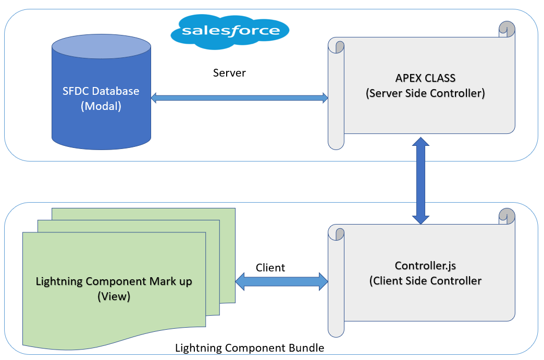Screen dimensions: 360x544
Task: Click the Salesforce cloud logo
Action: [x=229, y=31]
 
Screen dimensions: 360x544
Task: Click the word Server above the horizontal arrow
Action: [x=229, y=73]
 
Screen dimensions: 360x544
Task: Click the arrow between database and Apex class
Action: [x=239, y=97]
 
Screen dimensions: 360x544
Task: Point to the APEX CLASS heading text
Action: [x=425, y=78]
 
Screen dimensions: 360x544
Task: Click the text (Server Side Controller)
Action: [x=425, y=93]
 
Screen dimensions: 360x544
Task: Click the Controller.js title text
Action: [x=425, y=266]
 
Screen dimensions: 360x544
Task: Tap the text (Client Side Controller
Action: [x=425, y=281]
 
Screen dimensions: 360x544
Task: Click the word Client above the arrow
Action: [x=270, y=268]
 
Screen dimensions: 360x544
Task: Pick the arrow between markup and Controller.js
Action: [x=282, y=282]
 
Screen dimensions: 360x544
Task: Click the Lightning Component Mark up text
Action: [x=114, y=281]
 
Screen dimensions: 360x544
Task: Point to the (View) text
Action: [x=114, y=296]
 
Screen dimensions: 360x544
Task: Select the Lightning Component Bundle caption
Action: [x=250, y=348]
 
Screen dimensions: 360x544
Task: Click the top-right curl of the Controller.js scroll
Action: [x=507, y=216]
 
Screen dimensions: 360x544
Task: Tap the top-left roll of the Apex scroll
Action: [x=336, y=46]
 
